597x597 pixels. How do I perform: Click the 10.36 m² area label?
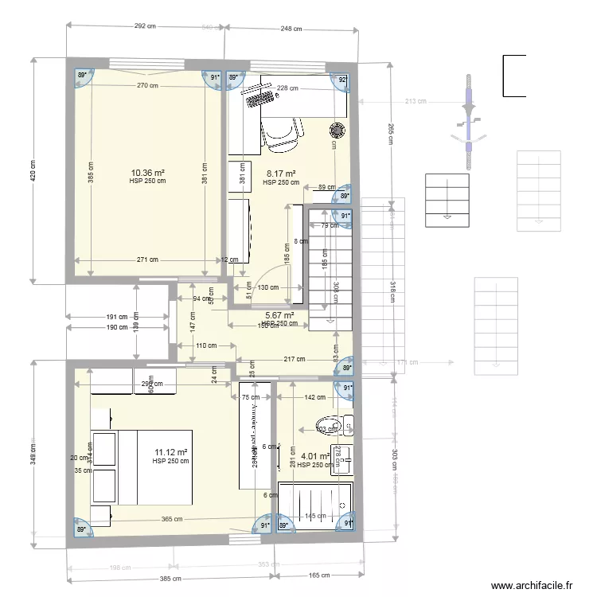point(147,172)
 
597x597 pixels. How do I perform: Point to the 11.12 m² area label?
point(170,453)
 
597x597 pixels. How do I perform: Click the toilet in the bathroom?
point(333,426)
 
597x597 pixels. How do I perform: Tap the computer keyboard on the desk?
point(260,97)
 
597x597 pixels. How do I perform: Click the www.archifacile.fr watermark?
point(531,586)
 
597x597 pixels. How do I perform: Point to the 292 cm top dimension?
point(143,26)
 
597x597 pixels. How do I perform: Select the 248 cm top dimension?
point(291,29)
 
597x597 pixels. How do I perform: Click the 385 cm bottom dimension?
point(170,579)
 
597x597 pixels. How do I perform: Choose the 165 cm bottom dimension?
point(318,576)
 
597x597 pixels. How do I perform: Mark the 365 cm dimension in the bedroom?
point(173,520)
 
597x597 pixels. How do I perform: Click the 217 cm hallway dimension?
point(293,359)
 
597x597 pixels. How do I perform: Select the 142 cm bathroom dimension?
point(315,397)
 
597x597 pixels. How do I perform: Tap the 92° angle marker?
point(343,80)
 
